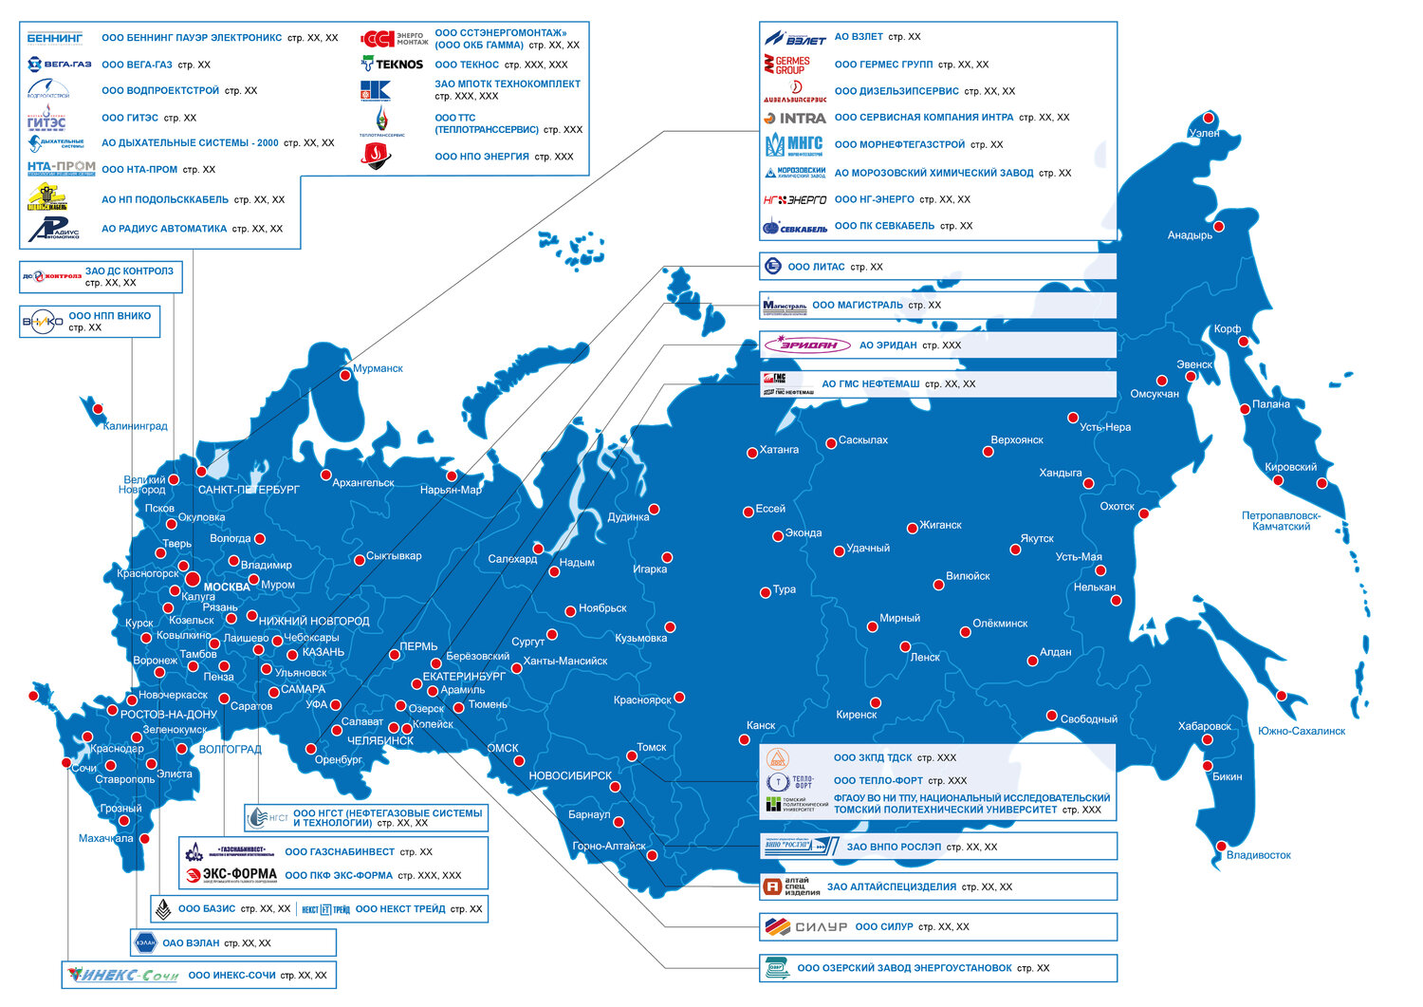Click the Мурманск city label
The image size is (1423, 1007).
coord(378,368)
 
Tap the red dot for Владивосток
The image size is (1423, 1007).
coord(1220,846)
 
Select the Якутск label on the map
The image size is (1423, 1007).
coord(1037,538)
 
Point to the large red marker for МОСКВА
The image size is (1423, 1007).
coord(193,578)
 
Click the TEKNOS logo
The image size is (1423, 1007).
coord(392,65)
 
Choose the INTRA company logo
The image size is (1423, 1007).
coord(795,119)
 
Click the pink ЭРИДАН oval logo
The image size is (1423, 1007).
coord(802,345)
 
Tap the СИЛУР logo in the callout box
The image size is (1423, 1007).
coord(805,926)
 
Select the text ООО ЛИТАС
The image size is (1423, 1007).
coord(816,267)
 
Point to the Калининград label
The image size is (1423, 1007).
coord(135,426)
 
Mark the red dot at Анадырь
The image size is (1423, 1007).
coord(1219,227)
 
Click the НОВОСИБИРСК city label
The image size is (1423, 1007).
coord(570,775)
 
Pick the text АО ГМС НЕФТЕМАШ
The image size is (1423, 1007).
coord(870,384)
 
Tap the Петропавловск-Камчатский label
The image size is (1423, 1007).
coord(1281,521)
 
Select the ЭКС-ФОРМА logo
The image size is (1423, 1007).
coord(231,874)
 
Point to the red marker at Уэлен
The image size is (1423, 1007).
coord(1209,119)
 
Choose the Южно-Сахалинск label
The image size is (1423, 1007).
coord(1301,731)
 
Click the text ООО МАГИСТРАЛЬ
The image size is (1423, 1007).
coord(857,305)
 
